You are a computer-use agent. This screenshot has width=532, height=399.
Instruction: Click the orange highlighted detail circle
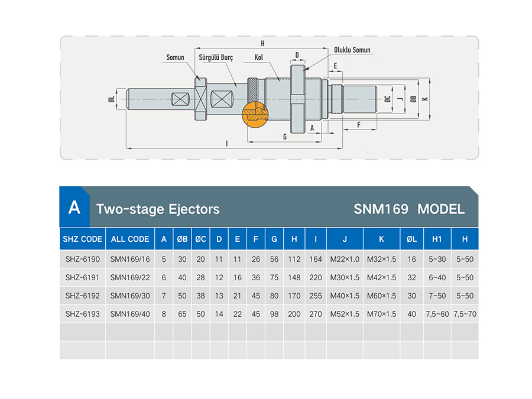click(x=255, y=114)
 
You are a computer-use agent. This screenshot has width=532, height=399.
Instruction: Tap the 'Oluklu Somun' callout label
click(x=352, y=50)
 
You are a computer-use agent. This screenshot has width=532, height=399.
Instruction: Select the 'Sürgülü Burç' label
click(x=216, y=57)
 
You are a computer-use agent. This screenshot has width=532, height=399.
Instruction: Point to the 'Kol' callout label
click(x=258, y=57)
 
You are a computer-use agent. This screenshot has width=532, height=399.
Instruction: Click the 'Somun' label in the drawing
click(x=175, y=57)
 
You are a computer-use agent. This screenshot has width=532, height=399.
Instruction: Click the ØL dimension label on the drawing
click(x=111, y=99)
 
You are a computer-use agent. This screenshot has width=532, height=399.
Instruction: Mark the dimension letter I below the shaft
click(x=226, y=144)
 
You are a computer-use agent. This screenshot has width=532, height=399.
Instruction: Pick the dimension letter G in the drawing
click(x=285, y=137)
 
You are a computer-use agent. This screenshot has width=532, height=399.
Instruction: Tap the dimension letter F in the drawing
click(x=359, y=125)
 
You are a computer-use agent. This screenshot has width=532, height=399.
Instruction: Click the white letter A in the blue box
click(x=74, y=207)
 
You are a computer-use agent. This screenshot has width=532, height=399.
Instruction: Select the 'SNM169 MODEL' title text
click(x=409, y=209)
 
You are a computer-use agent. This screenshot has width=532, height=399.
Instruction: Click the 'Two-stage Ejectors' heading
click(x=158, y=209)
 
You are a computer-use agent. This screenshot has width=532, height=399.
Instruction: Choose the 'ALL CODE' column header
click(x=130, y=239)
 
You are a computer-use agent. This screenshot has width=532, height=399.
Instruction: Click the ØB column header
click(x=182, y=239)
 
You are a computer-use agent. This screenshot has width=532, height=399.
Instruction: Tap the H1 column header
click(x=437, y=239)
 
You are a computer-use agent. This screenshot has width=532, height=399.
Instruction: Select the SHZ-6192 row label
click(x=82, y=296)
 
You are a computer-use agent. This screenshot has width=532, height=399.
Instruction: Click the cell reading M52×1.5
click(x=345, y=314)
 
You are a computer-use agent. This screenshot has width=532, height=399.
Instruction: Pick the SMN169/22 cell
click(x=130, y=277)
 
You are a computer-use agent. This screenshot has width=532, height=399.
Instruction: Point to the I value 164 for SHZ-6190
click(x=316, y=259)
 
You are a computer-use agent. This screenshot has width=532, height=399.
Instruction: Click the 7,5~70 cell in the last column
click(x=465, y=314)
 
